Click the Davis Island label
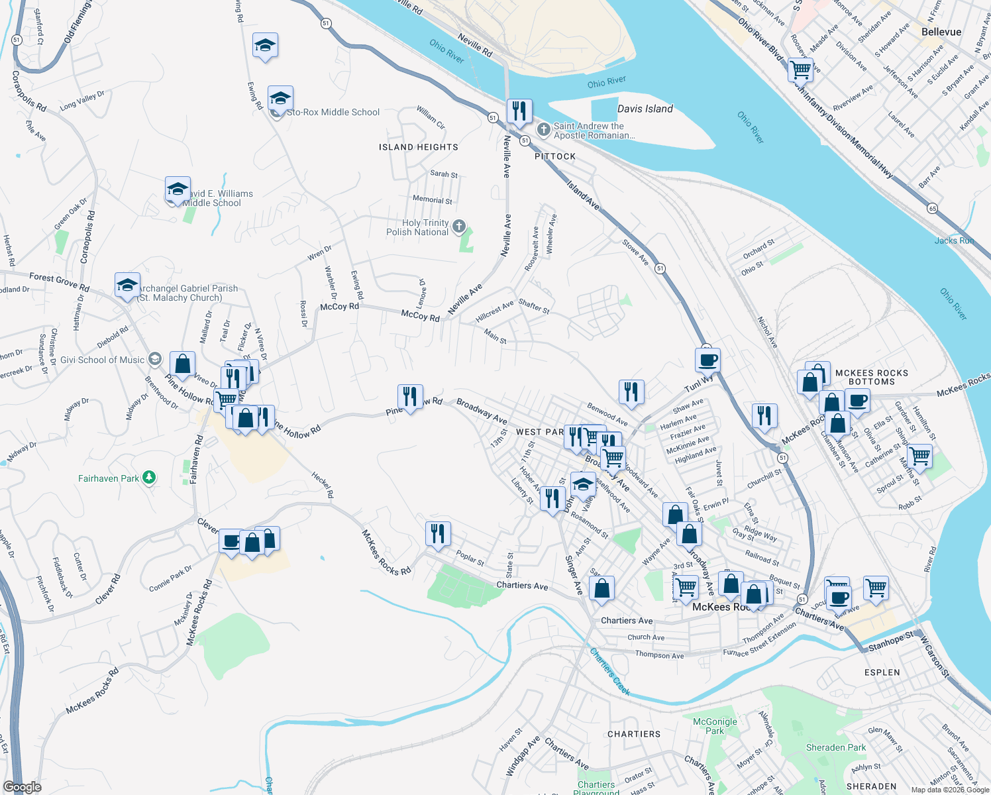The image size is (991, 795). click(x=645, y=109)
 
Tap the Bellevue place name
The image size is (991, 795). click(x=941, y=32)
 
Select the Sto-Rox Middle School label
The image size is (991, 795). click(x=333, y=113)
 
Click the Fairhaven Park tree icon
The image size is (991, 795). click(x=149, y=478)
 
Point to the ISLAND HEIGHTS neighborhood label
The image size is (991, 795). click(x=418, y=147)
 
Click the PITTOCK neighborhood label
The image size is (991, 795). click(x=555, y=156)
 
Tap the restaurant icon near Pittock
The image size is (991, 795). click(x=519, y=111)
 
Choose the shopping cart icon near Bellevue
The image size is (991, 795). click(x=801, y=68)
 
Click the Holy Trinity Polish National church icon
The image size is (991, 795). click(x=459, y=228)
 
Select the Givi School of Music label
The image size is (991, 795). click(x=103, y=360)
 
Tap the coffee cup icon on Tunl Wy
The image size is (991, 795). click(x=707, y=360)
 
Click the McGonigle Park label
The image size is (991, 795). click(x=715, y=726)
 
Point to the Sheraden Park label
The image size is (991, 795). click(x=835, y=747)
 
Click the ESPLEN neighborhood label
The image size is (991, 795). click(x=882, y=672)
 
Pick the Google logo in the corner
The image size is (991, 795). click(x=22, y=787)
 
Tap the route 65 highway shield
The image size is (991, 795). click(x=933, y=208)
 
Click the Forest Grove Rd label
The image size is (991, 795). click(x=59, y=282)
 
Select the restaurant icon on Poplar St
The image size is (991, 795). click(x=437, y=533)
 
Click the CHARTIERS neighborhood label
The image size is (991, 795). click(x=633, y=734)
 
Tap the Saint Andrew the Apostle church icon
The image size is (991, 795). click(x=543, y=130)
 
